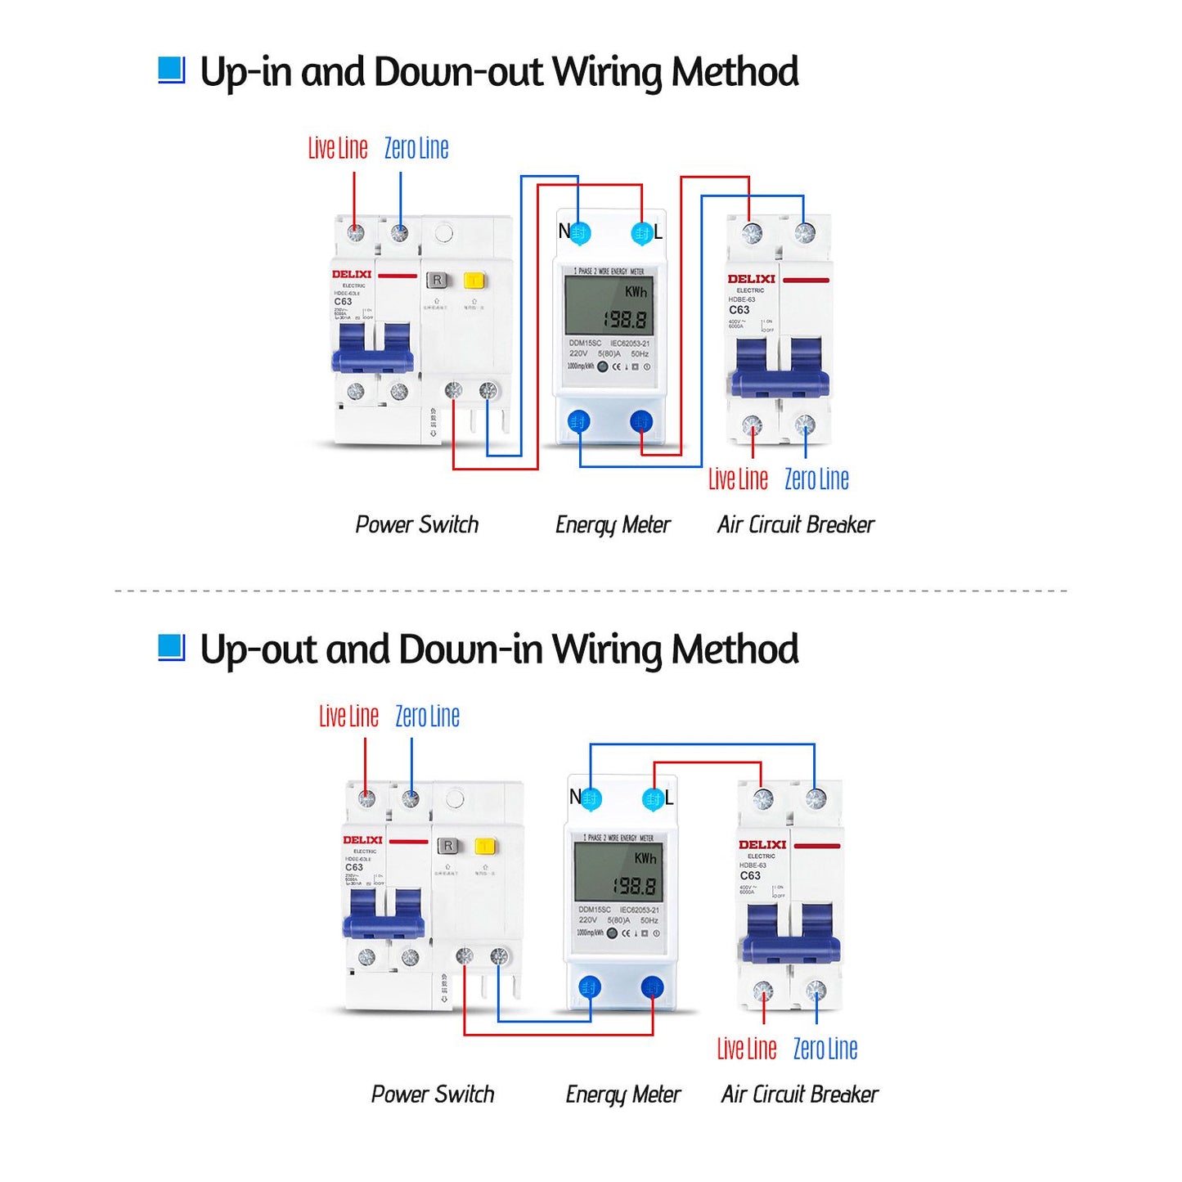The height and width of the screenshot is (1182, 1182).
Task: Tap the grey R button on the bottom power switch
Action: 448,846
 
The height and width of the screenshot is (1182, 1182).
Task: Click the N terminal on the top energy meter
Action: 579,233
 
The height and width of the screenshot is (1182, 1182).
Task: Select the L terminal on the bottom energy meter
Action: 653,799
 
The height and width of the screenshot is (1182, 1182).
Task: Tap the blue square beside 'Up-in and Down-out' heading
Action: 171,70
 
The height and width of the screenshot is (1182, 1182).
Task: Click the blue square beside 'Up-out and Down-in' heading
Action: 171,648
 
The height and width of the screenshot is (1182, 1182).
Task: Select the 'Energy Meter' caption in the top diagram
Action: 613,525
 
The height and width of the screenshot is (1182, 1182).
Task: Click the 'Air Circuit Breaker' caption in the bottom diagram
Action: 799,1094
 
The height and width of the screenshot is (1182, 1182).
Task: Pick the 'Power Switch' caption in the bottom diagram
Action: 433,1094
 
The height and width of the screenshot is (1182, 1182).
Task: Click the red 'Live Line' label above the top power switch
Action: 338,149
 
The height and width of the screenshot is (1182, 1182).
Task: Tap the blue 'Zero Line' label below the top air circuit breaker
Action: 816,479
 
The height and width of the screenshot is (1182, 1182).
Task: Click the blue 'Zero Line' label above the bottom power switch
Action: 427,717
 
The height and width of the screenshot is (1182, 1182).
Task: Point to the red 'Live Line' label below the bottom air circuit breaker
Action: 746,1049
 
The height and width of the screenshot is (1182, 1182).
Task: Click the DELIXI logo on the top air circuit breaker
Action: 751,279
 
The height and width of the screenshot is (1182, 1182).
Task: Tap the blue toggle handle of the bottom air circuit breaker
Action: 791,937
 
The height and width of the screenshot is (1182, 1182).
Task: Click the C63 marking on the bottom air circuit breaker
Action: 749,875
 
